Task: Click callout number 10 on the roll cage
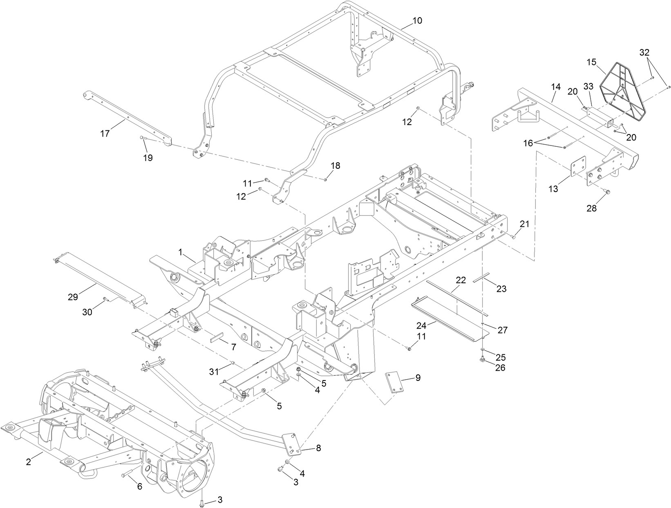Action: pyautogui.click(x=417, y=21)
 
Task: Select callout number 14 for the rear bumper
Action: pyautogui.click(x=555, y=87)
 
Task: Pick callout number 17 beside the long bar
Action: pyautogui.click(x=105, y=133)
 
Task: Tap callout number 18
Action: pyautogui.click(x=335, y=166)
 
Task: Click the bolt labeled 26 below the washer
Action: pyautogui.click(x=482, y=360)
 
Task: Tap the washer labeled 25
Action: pyautogui.click(x=483, y=350)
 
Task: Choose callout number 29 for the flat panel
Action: pyautogui.click(x=73, y=297)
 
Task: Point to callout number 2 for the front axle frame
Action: pyautogui.click(x=28, y=462)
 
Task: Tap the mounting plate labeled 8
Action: pyautogui.click(x=293, y=443)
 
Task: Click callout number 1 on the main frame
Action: pyautogui.click(x=180, y=253)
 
